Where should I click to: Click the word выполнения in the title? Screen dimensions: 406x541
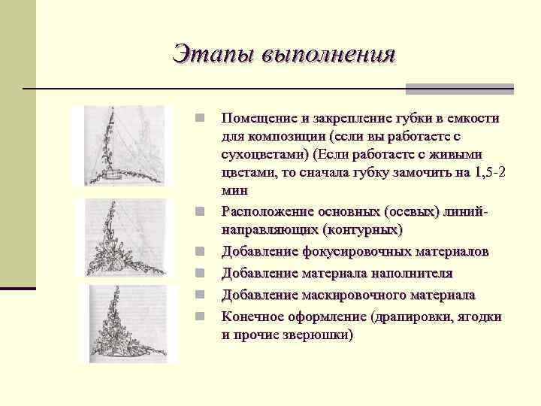click(x=328, y=55)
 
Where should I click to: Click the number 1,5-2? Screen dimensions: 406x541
click(x=491, y=173)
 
